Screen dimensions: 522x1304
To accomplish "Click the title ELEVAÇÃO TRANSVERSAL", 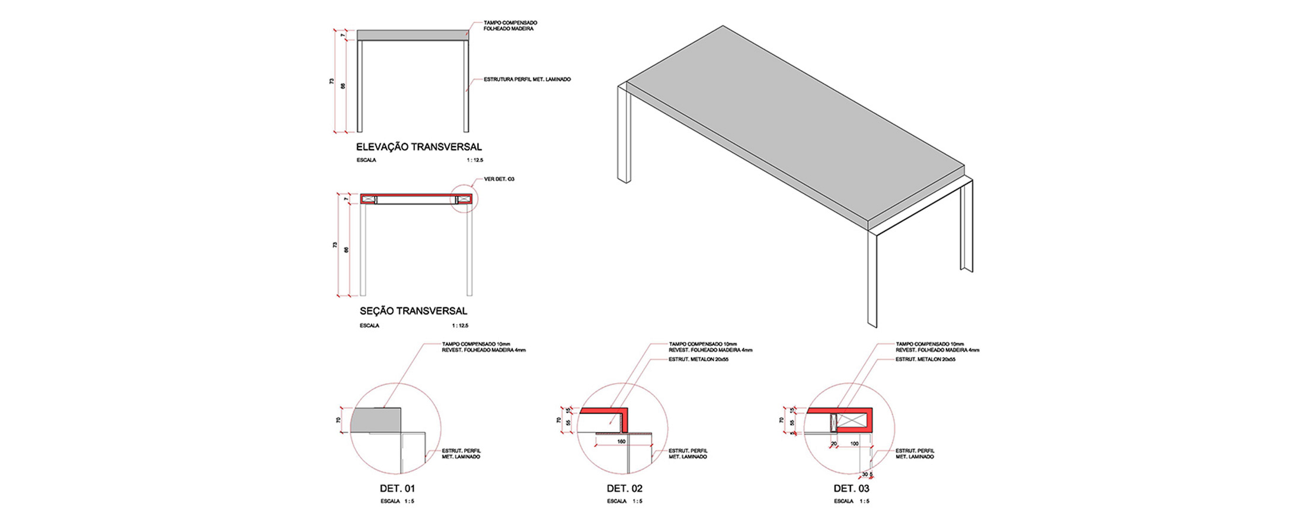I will click(x=418, y=147).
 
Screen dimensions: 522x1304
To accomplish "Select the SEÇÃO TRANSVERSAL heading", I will click(x=413, y=311).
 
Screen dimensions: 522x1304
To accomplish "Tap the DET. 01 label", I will click(x=397, y=489).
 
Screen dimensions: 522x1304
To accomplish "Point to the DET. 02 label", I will click(x=624, y=489).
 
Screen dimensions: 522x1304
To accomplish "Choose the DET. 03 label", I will click(x=851, y=489).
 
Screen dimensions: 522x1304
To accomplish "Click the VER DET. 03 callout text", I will click(x=499, y=179).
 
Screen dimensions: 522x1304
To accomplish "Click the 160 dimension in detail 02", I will click(x=621, y=442).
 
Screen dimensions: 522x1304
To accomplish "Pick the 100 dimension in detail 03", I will click(x=854, y=444).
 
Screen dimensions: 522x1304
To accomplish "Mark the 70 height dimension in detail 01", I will click(x=338, y=420).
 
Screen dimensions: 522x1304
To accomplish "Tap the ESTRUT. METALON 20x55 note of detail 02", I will click(x=698, y=359).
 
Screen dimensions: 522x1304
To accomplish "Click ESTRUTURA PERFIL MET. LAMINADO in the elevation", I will click(x=527, y=79).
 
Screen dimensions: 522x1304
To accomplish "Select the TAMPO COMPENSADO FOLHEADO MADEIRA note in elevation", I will click(x=510, y=26).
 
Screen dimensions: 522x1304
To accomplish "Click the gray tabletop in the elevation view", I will click(x=413, y=36).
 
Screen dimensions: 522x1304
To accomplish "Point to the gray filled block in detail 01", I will click(x=375, y=420).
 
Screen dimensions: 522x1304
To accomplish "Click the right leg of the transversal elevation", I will click(x=466, y=86).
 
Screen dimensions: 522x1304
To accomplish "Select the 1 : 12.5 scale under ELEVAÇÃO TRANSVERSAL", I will click(x=475, y=160).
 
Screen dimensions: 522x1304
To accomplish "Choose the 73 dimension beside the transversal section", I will click(x=335, y=244).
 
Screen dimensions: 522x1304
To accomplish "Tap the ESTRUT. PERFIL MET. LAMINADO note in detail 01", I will click(x=461, y=454).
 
